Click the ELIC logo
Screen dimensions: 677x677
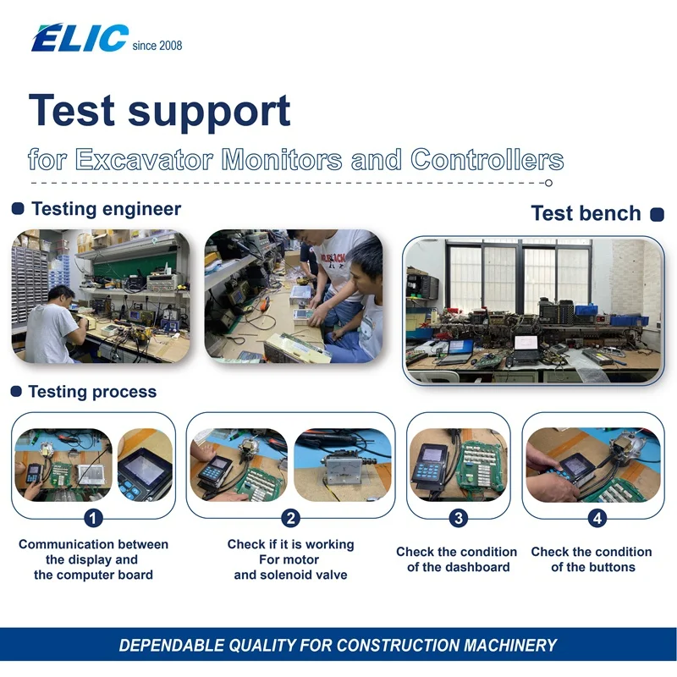(x=80, y=38)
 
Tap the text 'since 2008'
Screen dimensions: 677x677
(x=157, y=46)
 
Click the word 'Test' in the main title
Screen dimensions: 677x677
(x=72, y=111)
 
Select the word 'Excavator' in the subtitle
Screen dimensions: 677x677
(x=144, y=159)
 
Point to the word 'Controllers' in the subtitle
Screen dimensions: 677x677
(x=487, y=159)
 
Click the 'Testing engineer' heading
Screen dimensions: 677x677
(x=107, y=209)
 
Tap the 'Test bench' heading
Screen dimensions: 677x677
(x=586, y=213)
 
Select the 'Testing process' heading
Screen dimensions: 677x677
(x=92, y=392)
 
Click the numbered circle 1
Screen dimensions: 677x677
(x=93, y=518)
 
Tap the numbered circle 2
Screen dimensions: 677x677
(x=290, y=518)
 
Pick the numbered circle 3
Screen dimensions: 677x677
(x=459, y=518)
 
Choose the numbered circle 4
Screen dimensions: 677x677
(x=597, y=518)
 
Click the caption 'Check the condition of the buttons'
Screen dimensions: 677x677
(x=592, y=559)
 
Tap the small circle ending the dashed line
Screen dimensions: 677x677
(x=548, y=183)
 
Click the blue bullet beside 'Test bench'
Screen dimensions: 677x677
(x=657, y=214)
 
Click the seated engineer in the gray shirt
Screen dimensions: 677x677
(x=55, y=325)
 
